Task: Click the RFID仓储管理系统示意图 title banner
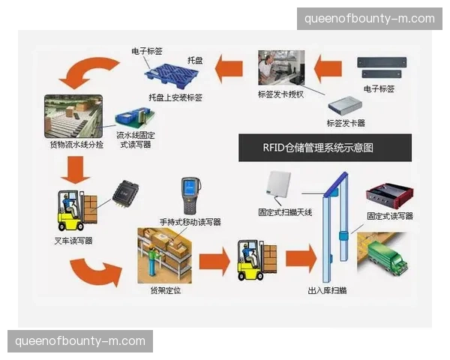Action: click(325, 147)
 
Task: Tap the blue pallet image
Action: click(175, 74)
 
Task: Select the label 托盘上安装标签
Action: click(175, 97)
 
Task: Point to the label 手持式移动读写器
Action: click(190, 222)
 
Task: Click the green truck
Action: click(386, 259)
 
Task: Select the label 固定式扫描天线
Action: click(284, 213)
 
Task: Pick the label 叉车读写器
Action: click(73, 241)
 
